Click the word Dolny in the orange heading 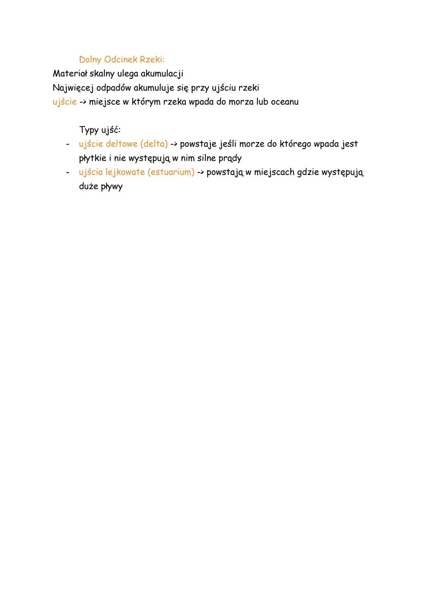click(90, 60)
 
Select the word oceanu click(285, 102)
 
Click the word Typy click(89, 130)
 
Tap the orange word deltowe click(122, 144)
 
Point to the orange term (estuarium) click(171, 172)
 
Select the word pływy click(111, 187)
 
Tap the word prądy click(230, 158)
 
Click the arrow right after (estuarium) click(201, 172)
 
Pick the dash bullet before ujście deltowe click(67, 144)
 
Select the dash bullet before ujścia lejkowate click(67, 172)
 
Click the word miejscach click(274, 172)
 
